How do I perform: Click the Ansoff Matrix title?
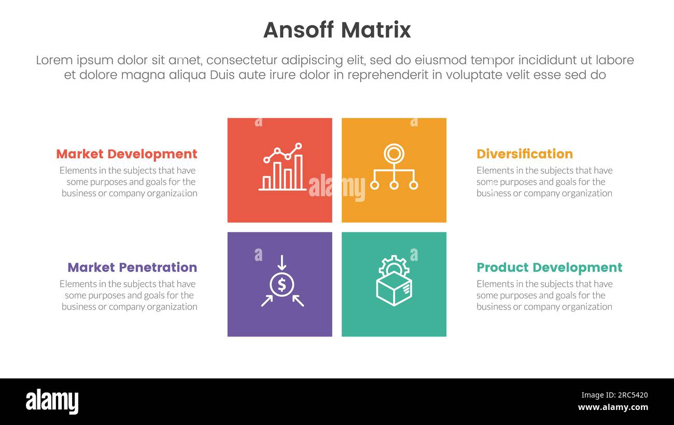pos(337,30)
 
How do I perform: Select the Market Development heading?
pos(127,154)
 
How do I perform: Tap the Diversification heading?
pos(524,154)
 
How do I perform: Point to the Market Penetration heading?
pos(132,267)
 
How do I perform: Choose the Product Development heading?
pos(549,267)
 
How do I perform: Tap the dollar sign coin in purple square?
pos(282,284)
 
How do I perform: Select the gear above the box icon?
pos(394,265)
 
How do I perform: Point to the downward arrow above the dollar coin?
pos(282,262)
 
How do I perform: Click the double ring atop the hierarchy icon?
pos(394,154)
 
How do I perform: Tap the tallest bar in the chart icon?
pos(299,172)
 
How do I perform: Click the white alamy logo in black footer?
pos(52,402)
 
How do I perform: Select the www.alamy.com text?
pos(612,407)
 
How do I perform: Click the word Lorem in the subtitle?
pos(54,60)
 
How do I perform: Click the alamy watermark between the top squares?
pos(336,187)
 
